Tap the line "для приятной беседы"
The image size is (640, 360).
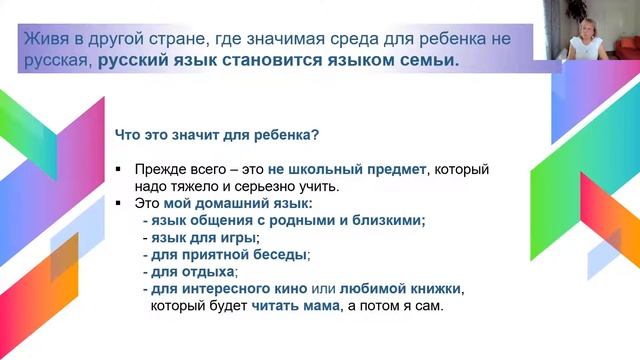(231, 255)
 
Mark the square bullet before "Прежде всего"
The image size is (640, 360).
(119, 170)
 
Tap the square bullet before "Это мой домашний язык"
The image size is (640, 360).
(119, 205)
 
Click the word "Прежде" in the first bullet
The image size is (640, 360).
(158, 169)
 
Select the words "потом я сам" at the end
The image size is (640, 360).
(405, 306)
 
